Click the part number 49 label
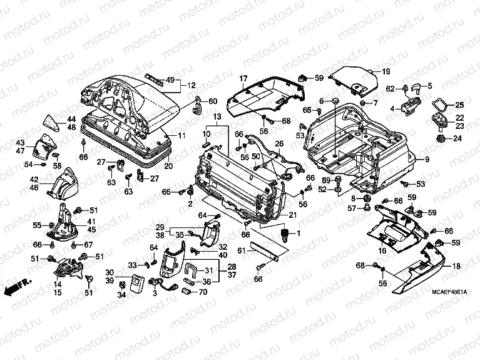[169, 81]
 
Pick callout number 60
[213, 101]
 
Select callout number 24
[457, 139]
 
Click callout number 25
[459, 105]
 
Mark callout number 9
[427, 160]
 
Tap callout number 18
[456, 266]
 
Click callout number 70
[203, 291]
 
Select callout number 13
[217, 117]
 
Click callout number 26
[279, 144]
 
